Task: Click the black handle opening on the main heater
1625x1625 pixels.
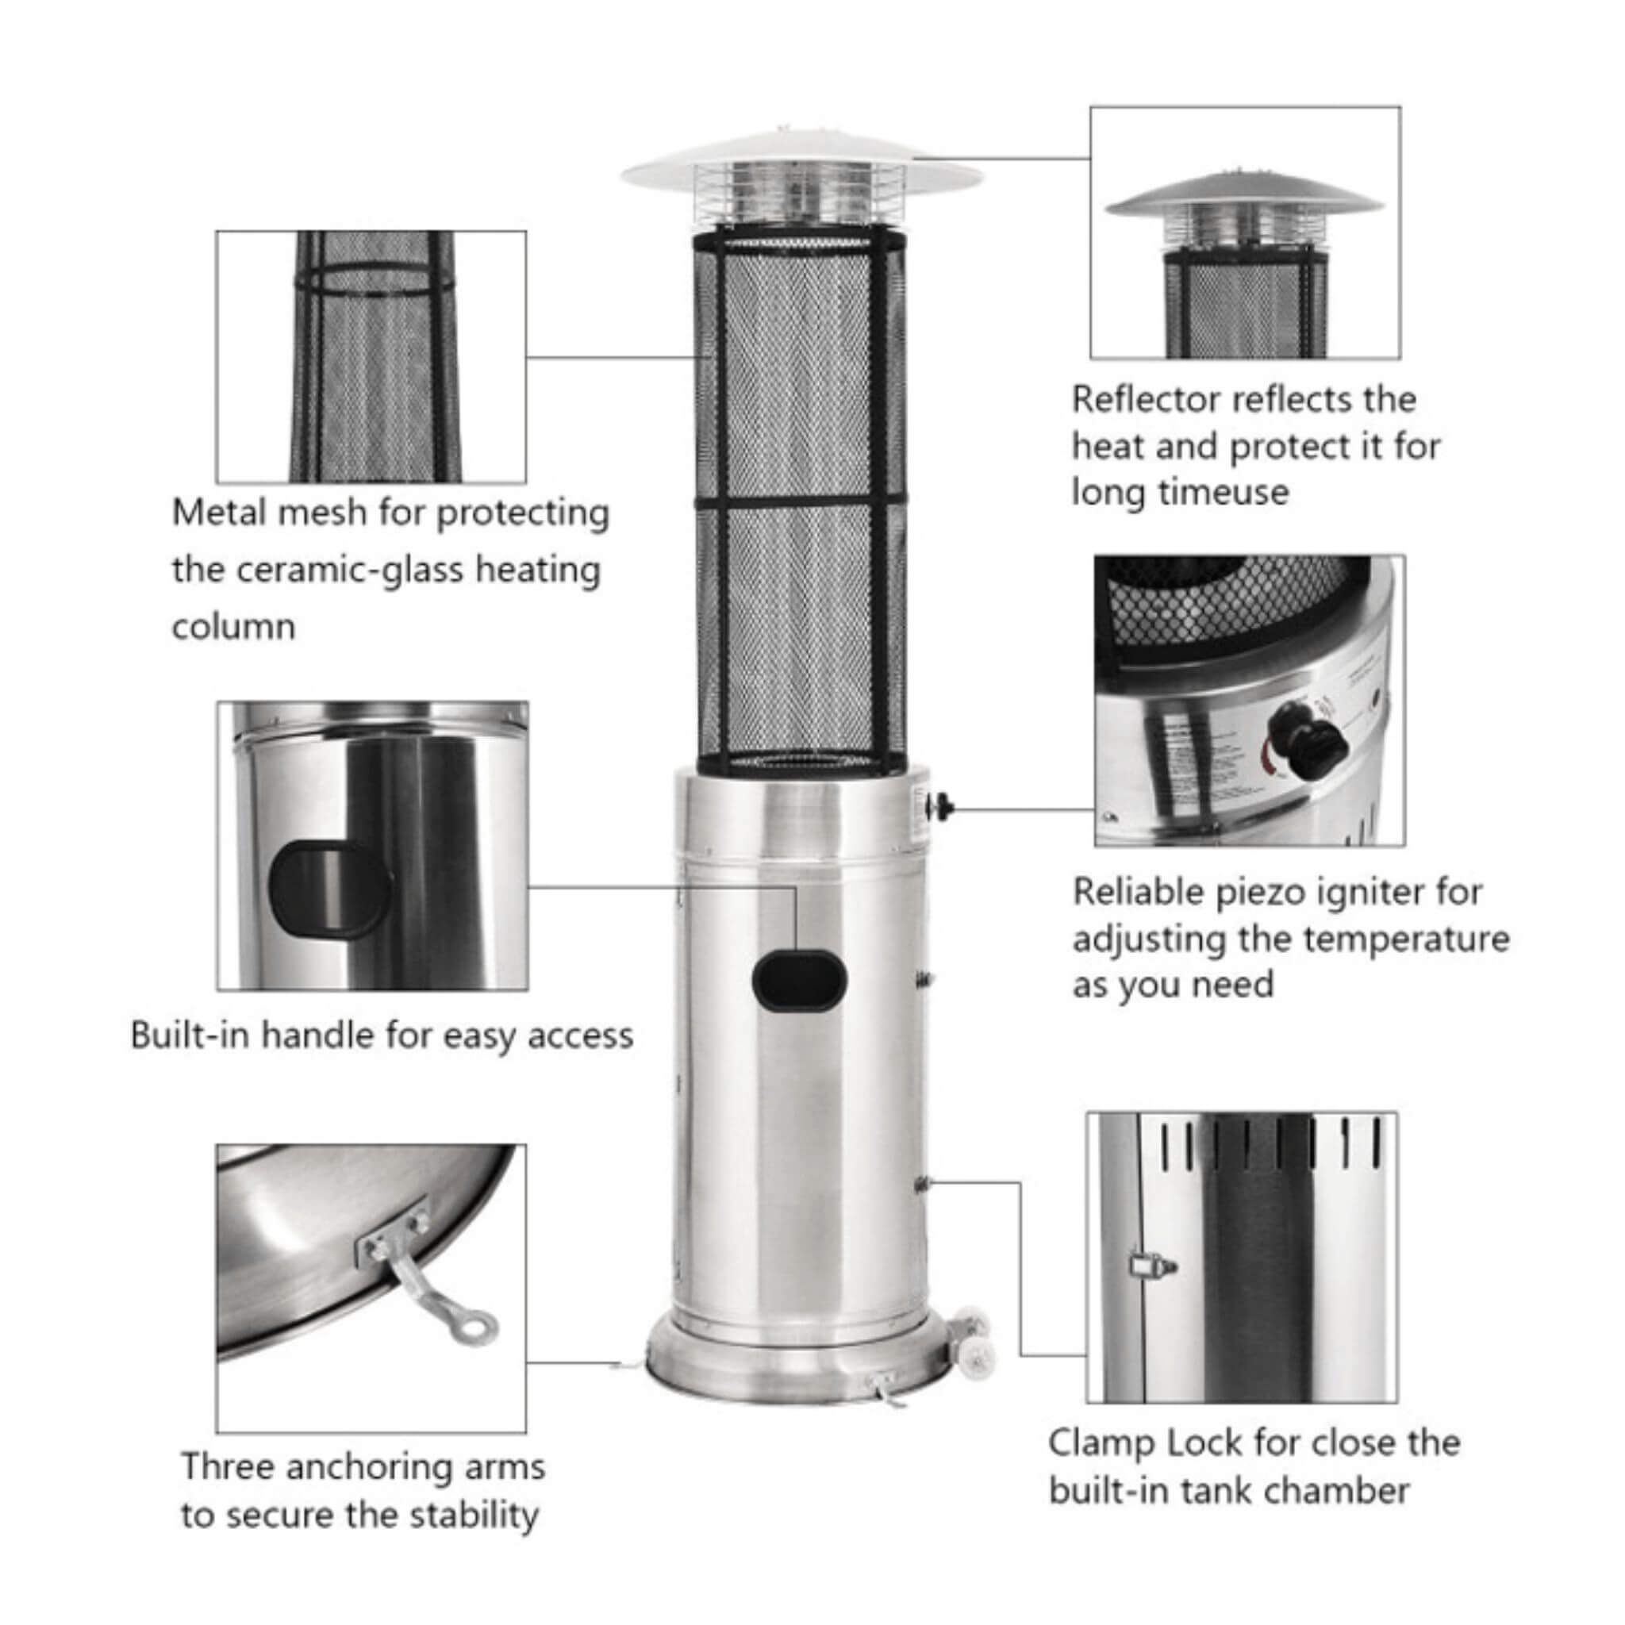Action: [x=799, y=980]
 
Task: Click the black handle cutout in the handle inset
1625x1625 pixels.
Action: [x=328, y=891]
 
